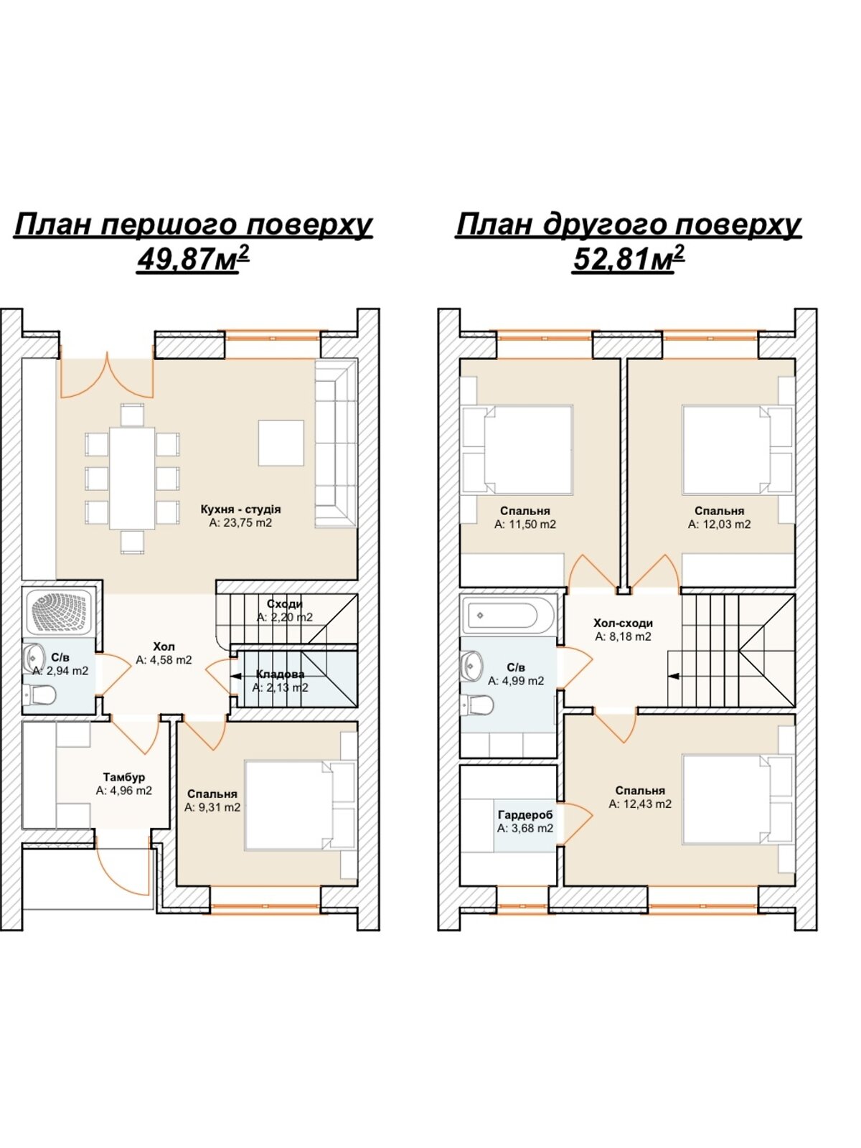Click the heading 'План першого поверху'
193,225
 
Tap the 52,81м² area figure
629,258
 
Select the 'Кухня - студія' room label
240,509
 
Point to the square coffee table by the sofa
281,443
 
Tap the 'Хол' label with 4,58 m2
164,647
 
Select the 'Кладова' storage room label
281,674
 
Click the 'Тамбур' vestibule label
124,776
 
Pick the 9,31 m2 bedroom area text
212,807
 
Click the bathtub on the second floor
502,616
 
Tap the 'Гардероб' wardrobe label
525,815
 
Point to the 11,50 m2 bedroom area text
525,524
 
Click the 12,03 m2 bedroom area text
720,524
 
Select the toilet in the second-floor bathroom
476,705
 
